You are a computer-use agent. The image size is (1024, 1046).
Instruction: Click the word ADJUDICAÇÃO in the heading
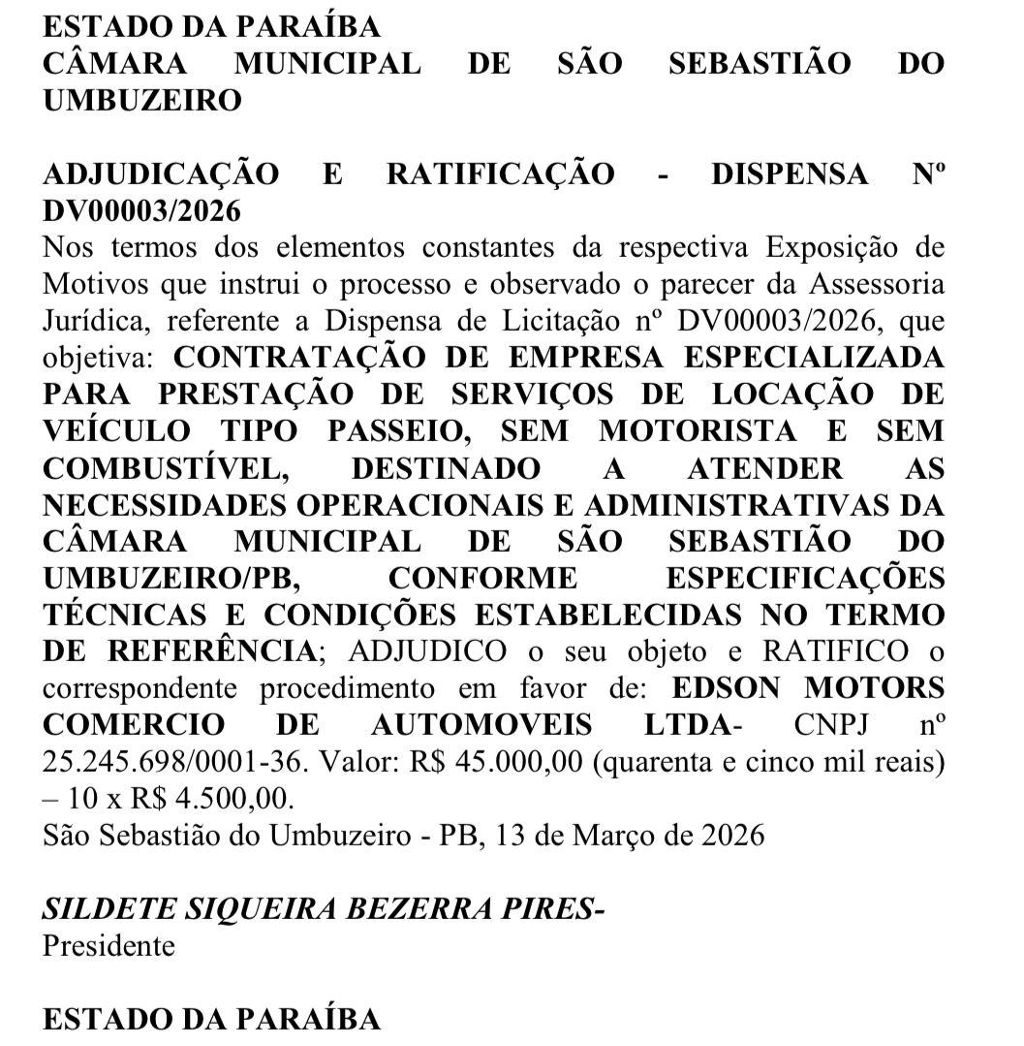(x=162, y=174)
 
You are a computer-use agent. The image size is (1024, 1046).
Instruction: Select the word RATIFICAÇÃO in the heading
(x=500, y=174)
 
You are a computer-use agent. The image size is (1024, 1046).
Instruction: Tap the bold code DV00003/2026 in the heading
(x=142, y=210)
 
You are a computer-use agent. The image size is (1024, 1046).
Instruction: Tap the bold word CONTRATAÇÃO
(x=298, y=357)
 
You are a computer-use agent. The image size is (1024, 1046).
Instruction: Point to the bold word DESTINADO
(x=445, y=468)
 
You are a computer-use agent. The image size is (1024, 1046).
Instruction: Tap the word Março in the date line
(x=638, y=835)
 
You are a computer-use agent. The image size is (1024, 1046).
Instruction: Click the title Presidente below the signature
(x=109, y=945)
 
